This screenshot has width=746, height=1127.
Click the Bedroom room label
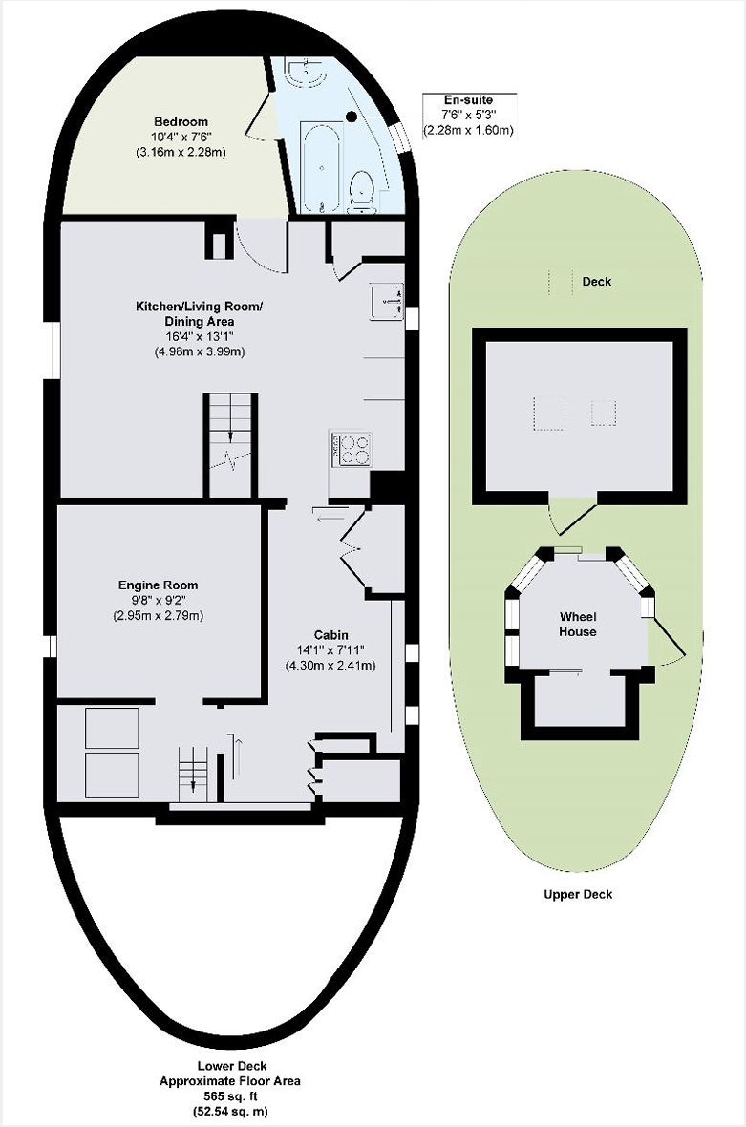click(x=181, y=121)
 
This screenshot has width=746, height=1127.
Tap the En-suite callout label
click(x=468, y=100)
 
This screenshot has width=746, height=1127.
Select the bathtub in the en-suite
click(x=321, y=167)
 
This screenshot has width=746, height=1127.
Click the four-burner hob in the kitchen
click(x=351, y=450)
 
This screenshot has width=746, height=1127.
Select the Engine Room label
click(x=159, y=585)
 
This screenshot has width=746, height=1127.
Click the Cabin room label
click(x=330, y=635)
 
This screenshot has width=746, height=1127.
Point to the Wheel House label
click(x=578, y=624)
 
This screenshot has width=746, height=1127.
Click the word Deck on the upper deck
click(x=596, y=281)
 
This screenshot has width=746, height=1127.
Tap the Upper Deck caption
click(x=578, y=894)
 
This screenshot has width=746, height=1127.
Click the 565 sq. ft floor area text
click(x=231, y=1096)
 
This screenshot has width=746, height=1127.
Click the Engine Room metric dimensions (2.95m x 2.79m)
click(x=159, y=615)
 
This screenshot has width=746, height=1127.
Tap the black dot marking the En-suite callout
click(x=351, y=116)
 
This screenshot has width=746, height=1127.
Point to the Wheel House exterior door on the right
click(x=666, y=640)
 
